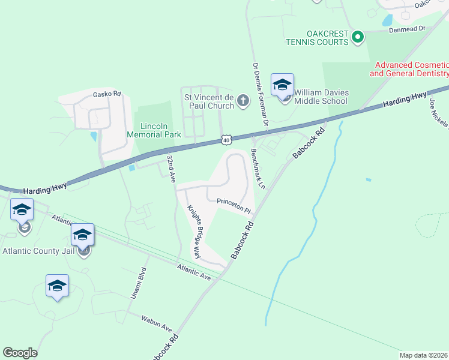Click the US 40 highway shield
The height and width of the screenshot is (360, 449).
tap(225, 140)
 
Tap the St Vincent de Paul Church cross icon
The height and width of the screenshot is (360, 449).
tap(243, 100)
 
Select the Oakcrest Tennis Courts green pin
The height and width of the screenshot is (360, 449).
tap(358, 37)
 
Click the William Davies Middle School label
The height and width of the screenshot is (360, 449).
tap(321, 96)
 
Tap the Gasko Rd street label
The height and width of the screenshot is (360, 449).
tap(107, 94)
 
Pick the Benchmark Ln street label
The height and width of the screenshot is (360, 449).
tap(258, 169)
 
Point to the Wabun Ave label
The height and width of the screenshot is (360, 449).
tap(157, 324)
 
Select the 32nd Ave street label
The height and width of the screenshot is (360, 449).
tap(171, 169)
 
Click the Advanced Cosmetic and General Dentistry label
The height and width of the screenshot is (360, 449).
tap(409, 69)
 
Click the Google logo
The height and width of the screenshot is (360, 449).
tap(20, 353)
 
